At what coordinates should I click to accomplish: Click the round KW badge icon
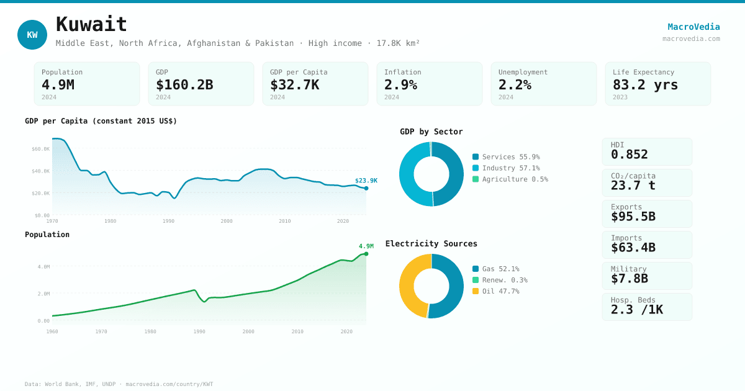coord(32,35)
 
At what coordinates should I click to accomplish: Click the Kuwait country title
coord(91,24)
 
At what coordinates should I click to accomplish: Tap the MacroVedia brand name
coord(693,27)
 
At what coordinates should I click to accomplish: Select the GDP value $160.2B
coord(184,84)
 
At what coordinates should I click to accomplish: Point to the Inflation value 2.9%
coord(400,84)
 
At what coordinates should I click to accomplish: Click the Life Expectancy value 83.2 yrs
coord(645,84)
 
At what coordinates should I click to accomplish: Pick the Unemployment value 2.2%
coord(515,84)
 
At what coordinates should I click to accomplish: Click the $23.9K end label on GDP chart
coord(366,181)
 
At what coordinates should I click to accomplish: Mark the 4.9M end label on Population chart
coord(366,246)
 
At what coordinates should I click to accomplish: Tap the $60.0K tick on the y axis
coord(41,149)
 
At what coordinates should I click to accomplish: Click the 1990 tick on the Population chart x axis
coord(199,331)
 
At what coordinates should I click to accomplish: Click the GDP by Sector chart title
coord(431,132)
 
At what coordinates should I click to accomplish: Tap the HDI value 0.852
coord(629,155)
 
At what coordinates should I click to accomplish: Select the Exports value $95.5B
coord(633,217)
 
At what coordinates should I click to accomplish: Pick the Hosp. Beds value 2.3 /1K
coord(636,310)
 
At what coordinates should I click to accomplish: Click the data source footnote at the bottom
coord(119,384)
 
